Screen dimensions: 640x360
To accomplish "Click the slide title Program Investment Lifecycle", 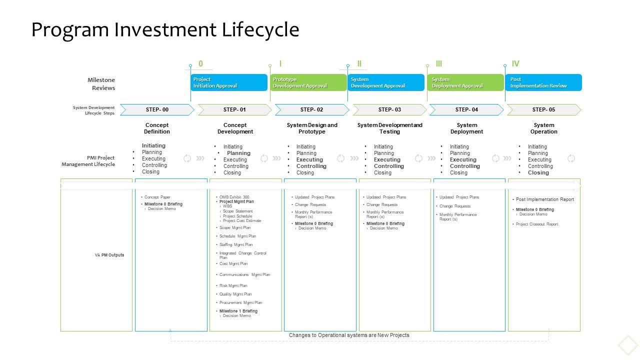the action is pyautogui.click(x=165, y=29).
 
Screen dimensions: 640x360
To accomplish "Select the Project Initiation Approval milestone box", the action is pyautogui.click(x=229, y=82).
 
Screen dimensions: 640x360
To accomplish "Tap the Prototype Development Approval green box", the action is pyautogui.click(x=308, y=82).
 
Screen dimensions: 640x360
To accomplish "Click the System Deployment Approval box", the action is pyautogui.click(x=465, y=82).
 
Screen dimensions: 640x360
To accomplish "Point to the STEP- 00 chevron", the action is pyautogui.click(x=157, y=109).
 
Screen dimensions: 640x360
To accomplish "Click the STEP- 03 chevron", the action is pyautogui.click(x=389, y=109).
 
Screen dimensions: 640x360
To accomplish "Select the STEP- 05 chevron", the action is pyautogui.click(x=543, y=109).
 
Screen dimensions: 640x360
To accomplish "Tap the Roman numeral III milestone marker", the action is pyautogui.click(x=439, y=63).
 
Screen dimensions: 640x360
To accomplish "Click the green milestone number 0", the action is pyautogui.click(x=200, y=63).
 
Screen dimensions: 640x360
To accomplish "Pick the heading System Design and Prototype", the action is pyautogui.click(x=312, y=128).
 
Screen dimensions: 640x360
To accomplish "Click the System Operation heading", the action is pyautogui.click(x=543, y=128).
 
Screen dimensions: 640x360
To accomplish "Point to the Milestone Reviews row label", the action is pyautogui.click(x=101, y=84).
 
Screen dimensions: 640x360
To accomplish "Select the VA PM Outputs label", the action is pyautogui.click(x=109, y=255).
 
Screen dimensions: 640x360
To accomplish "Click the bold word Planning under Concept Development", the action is pyautogui.click(x=238, y=153).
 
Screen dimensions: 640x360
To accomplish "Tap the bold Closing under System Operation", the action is pyautogui.click(x=538, y=172).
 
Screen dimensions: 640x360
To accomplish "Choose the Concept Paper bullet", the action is pyautogui.click(x=157, y=197).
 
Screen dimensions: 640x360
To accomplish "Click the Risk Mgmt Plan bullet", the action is pyautogui.click(x=233, y=285).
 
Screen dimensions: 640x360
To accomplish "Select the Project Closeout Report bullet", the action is pyautogui.click(x=537, y=224).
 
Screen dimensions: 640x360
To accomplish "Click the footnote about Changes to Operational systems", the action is pyautogui.click(x=349, y=335).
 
